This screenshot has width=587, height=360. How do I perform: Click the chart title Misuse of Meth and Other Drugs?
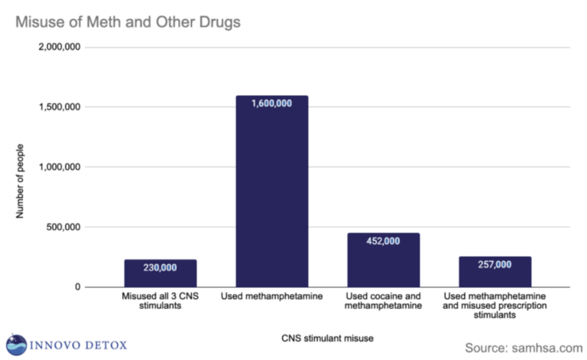click(x=128, y=22)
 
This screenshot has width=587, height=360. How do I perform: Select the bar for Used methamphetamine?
click(x=271, y=191)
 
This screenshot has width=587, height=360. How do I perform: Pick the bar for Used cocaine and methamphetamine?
click(x=383, y=260)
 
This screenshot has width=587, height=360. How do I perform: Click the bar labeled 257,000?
click(x=495, y=272)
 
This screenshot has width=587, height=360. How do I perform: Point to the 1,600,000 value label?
click(x=271, y=103)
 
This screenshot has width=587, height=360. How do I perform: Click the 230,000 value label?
click(x=161, y=268)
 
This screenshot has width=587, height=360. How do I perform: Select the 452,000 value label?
click(x=383, y=241)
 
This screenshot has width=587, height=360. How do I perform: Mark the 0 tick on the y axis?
click(x=77, y=287)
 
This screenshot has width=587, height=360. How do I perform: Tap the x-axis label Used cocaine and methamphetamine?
click(x=383, y=300)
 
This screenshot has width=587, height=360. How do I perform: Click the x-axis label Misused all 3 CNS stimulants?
click(x=161, y=300)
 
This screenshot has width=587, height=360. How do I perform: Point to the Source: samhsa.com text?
click(x=522, y=347)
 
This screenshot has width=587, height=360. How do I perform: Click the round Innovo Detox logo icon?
click(x=16, y=345)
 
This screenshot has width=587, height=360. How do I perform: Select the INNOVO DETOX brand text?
click(x=78, y=345)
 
